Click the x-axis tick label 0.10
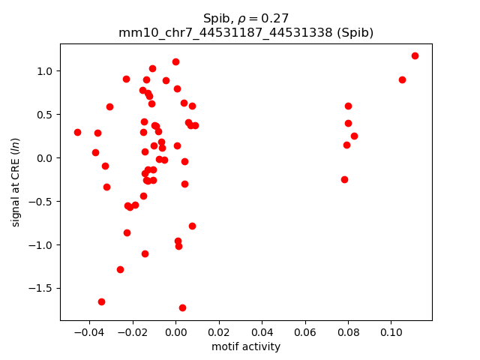[391, 332]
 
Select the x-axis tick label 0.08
[348, 332]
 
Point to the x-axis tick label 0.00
[175, 332]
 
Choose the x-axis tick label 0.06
[304, 332]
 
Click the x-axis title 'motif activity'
[246, 346]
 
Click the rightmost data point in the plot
[415, 55]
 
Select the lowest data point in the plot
[182, 307]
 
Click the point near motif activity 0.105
[402, 79]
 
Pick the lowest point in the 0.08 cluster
[344, 179]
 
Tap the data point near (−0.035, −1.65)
[101, 301]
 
